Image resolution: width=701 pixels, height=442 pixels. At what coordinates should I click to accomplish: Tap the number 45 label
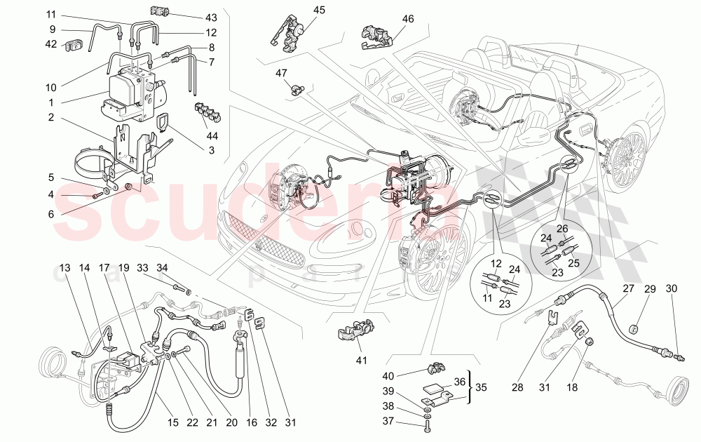point(320,10)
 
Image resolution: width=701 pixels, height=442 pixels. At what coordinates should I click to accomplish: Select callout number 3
point(210,149)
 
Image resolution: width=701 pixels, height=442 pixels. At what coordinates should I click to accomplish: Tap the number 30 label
point(672,288)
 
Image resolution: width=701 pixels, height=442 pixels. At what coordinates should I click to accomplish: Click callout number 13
point(65,267)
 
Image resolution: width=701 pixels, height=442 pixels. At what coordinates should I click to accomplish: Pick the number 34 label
point(162,267)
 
